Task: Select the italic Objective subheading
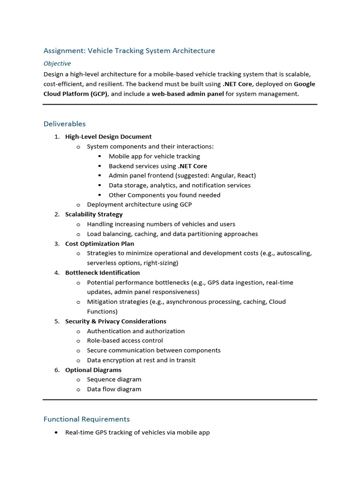pos(57,63)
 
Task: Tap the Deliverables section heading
pos(65,124)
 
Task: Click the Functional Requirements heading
pos(87,419)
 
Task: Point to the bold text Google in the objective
pos(304,84)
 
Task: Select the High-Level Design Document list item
pos(108,137)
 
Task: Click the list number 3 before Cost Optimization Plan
pos(56,244)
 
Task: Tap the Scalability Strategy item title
pos(94,214)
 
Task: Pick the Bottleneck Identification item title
pos(102,273)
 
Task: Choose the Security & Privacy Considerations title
pos(115,322)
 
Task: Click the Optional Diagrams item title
pos(93,370)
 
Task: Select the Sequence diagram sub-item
pos(114,380)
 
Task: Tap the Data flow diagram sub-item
pos(114,390)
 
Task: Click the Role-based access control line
pos(125,341)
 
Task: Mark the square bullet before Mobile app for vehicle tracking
pos(100,157)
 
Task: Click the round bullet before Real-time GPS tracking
pos(57,433)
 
